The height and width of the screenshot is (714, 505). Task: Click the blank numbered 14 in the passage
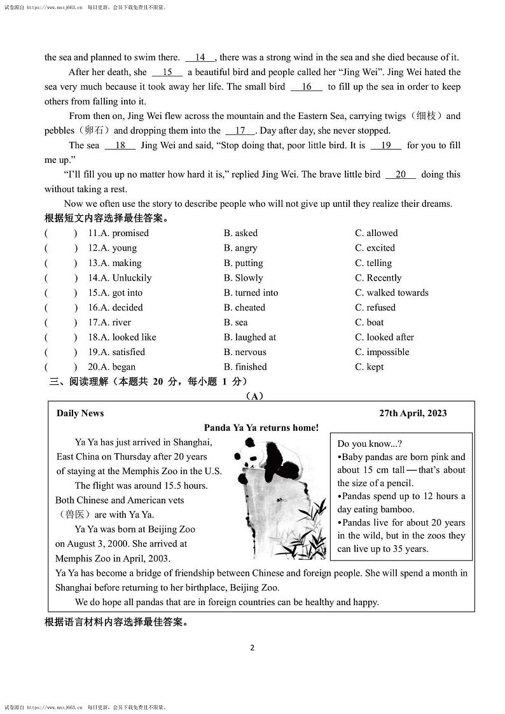[200, 57]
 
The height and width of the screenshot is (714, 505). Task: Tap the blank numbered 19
[386, 145]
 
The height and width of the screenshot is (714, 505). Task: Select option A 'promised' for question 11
[130, 233]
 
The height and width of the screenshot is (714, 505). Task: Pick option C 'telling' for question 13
[379, 263]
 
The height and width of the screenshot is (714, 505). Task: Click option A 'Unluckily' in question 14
[132, 277]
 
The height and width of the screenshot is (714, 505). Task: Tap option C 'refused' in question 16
[380, 307]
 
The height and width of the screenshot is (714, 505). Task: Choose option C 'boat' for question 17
[375, 322]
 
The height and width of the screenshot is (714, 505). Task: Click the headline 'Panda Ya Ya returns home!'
[261, 428]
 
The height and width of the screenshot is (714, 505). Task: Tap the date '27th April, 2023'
[413, 413]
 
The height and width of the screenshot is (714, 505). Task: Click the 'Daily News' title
[80, 413]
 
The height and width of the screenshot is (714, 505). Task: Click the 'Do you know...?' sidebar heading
[370, 444]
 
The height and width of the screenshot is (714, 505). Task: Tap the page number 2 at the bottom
[253, 648]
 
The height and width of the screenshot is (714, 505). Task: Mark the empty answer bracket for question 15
[61, 293]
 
